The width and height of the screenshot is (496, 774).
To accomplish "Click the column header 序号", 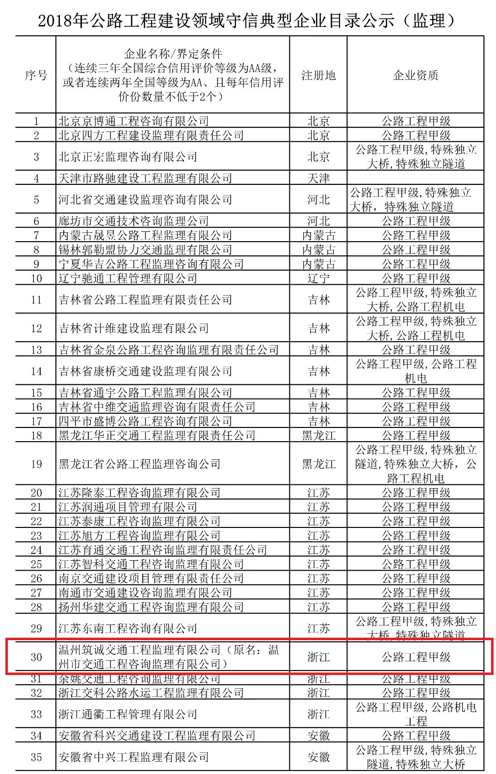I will tap(36, 75).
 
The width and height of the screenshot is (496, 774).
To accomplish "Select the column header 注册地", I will tap(318, 75).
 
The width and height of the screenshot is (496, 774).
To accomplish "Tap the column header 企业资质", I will tap(416, 75).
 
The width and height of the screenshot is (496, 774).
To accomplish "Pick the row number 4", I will tap(36, 178).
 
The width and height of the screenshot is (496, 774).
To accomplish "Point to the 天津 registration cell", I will tap(318, 178).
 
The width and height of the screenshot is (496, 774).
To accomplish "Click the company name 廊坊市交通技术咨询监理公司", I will tap(133, 221).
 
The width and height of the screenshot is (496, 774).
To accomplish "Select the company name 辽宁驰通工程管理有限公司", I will tap(128, 278).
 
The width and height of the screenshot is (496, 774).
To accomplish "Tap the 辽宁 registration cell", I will tap(318, 278).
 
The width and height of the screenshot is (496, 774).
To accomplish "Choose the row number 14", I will tap(36, 371).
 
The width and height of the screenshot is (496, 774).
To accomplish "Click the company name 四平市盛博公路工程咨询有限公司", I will tap(145, 421).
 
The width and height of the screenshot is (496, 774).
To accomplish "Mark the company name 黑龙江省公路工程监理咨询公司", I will tap(139, 464).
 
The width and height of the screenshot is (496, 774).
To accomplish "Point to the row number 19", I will tap(36, 464).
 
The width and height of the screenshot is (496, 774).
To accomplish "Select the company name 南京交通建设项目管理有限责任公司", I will tap(151, 578).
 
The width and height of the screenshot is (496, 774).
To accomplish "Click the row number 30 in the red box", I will tap(36, 657).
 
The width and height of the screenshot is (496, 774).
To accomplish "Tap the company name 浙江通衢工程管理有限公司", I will tap(128, 714).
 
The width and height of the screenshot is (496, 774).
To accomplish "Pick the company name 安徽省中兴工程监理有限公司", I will tap(133, 757).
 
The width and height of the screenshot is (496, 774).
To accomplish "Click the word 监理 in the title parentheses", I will tap(429, 21).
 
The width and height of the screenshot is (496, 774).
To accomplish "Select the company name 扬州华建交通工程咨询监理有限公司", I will tap(151, 607).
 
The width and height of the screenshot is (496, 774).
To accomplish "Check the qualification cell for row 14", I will tap(416, 371).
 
